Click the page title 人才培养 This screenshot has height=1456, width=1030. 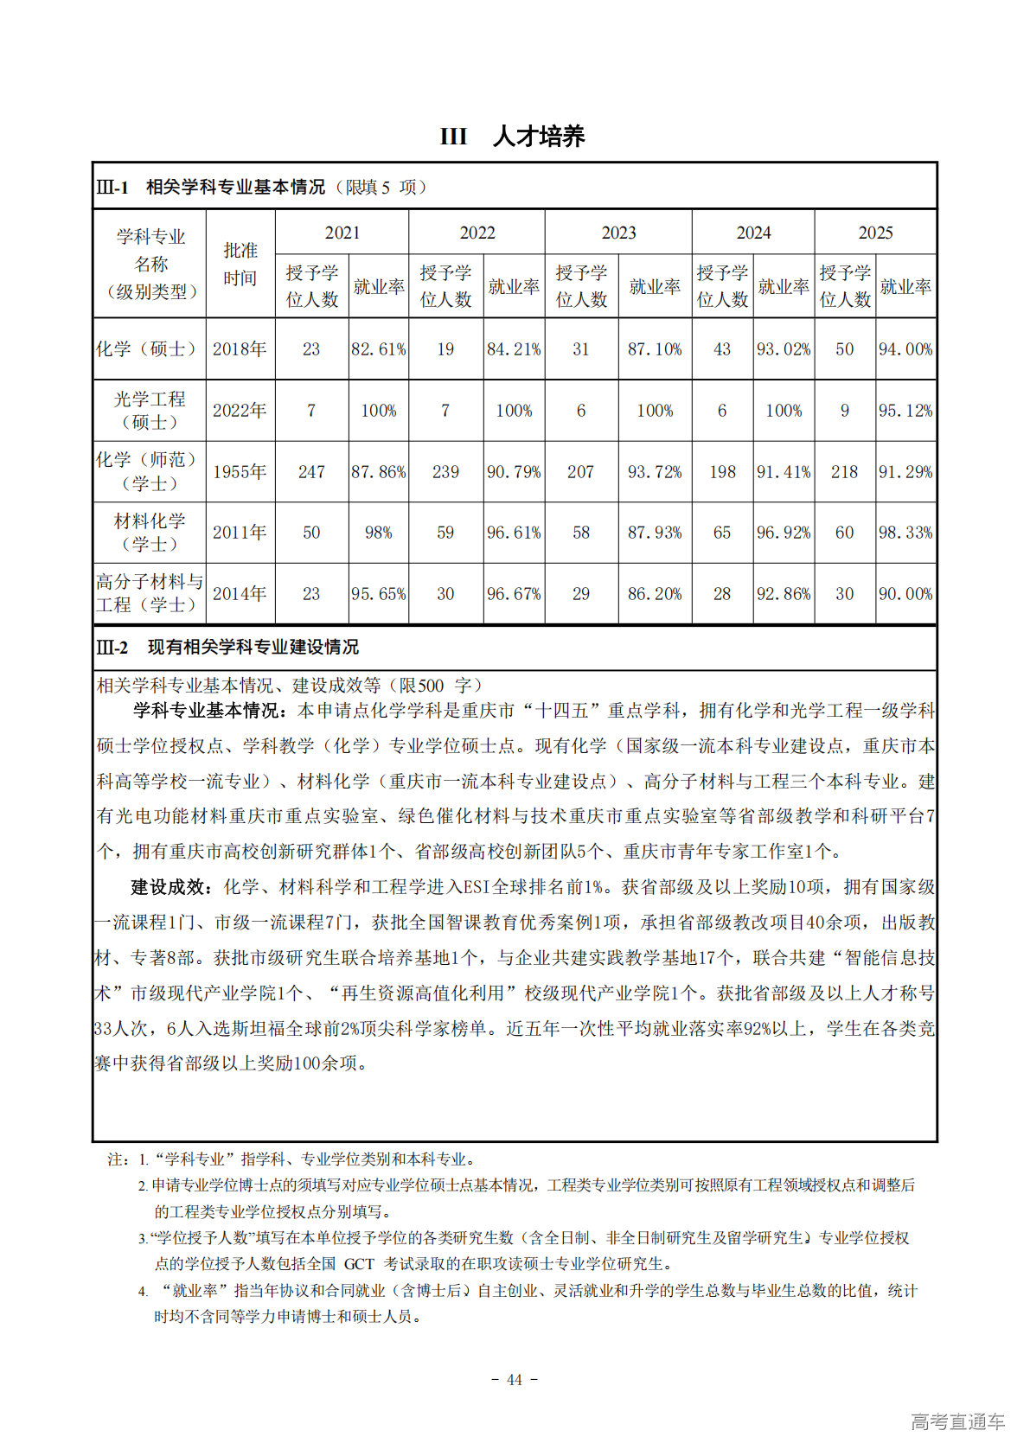(x=538, y=137)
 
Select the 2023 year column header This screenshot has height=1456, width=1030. (x=618, y=233)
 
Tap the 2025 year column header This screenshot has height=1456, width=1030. (x=875, y=233)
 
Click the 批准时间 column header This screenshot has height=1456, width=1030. (x=240, y=265)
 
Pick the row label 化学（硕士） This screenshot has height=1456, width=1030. (x=150, y=349)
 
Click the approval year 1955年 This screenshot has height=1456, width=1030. (x=240, y=472)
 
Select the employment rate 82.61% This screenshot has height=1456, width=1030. (x=379, y=349)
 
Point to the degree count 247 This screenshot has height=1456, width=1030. (x=311, y=472)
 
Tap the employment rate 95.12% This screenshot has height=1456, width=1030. (x=905, y=411)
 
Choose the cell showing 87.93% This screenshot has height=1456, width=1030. (x=655, y=533)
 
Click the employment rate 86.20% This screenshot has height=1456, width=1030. (x=655, y=594)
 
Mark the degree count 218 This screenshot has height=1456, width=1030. (x=845, y=472)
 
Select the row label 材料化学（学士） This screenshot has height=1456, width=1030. (x=150, y=533)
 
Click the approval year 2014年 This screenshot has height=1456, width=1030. (x=240, y=594)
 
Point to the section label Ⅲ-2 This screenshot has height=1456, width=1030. (x=112, y=648)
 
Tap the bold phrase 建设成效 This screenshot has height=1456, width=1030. (x=169, y=887)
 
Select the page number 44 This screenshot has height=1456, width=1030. (x=515, y=1380)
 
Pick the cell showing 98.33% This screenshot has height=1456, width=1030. (x=905, y=533)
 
